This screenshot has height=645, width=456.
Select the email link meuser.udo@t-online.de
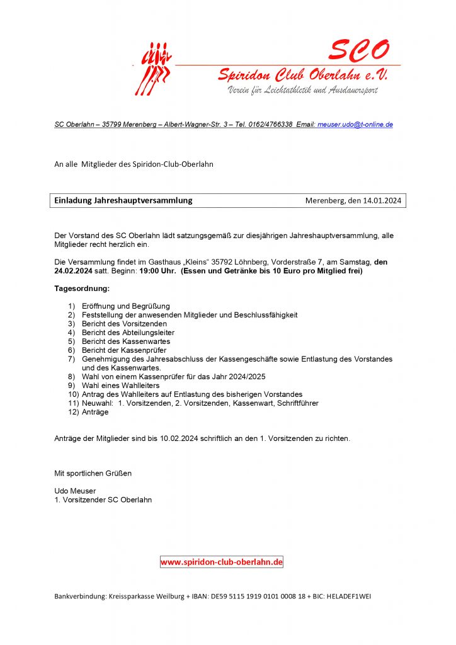click(355, 125)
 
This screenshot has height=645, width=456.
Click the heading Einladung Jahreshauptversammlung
click(123, 201)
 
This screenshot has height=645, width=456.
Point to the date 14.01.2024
click(382, 201)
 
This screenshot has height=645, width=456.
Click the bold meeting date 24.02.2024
click(75, 271)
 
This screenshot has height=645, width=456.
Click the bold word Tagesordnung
click(83, 289)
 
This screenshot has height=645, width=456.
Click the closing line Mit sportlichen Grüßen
click(93, 473)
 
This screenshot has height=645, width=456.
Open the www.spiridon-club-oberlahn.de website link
click(222, 562)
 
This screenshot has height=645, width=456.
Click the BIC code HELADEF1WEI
click(350, 596)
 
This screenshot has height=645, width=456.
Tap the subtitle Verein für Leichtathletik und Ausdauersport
click(302, 91)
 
